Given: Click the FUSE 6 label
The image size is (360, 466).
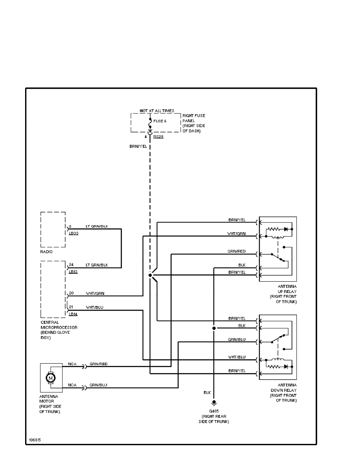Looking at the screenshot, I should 160,121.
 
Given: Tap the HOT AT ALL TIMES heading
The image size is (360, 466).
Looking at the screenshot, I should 157,111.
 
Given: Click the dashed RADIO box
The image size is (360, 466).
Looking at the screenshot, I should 53,229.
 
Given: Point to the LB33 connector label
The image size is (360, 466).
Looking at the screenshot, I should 73,233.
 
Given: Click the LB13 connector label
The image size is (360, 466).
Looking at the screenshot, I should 73,271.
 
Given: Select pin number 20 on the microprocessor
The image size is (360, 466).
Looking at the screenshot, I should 71,293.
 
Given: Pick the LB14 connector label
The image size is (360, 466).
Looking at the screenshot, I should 73,314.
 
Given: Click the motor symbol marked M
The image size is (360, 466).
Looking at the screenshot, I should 51,378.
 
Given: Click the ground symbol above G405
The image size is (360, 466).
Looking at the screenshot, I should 214,403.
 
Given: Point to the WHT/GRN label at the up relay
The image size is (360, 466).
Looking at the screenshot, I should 237,233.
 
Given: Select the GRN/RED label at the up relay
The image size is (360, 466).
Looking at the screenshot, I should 237,251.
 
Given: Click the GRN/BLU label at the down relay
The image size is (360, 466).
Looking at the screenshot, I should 237,339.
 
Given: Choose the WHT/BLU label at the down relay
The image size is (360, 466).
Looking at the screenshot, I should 237,357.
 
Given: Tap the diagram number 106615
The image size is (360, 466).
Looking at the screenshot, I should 35,439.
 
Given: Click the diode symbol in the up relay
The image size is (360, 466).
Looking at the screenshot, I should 286,228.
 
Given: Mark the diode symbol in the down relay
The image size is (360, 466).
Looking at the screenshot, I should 286,366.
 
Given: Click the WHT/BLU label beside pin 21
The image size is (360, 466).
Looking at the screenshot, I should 94,307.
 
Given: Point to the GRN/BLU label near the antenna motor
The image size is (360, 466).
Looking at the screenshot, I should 98,385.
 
